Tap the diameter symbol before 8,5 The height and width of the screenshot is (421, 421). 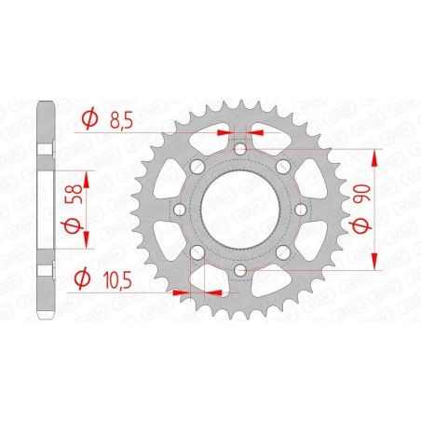coord(89,118)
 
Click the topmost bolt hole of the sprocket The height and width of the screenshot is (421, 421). coord(239,149)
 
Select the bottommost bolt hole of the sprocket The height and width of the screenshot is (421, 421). coord(239,270)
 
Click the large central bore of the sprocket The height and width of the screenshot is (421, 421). coord(239,210)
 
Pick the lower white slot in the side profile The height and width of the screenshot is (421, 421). coord(44,270)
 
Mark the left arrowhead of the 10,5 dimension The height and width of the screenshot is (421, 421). coord(187,291)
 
